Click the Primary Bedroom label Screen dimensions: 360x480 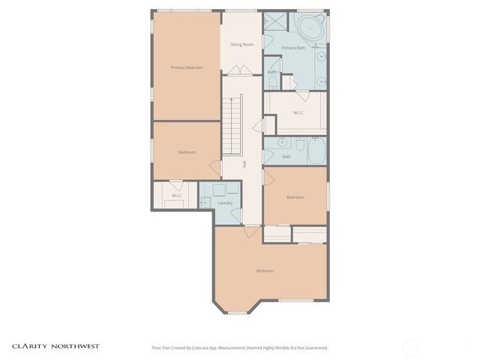click(187, 67)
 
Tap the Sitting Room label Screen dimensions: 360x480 click(241, 44)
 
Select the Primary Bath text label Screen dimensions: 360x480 click(292, 48)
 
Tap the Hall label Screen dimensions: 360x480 click(244, 163)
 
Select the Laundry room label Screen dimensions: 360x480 click(225, 202)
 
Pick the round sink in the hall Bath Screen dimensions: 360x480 click(283, 142)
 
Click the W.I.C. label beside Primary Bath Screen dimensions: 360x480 click(298, 112)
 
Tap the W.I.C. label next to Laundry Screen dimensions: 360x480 click(176, 196)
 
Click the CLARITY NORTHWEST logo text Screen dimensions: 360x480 click(55, 346)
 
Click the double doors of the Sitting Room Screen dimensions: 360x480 click(241, 70)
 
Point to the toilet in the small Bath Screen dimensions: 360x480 click(272, 82)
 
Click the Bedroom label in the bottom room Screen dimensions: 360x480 click(265, 271)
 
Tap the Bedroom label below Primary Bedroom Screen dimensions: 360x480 click(187, 152)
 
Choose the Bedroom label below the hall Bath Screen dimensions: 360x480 click(295, 197)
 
